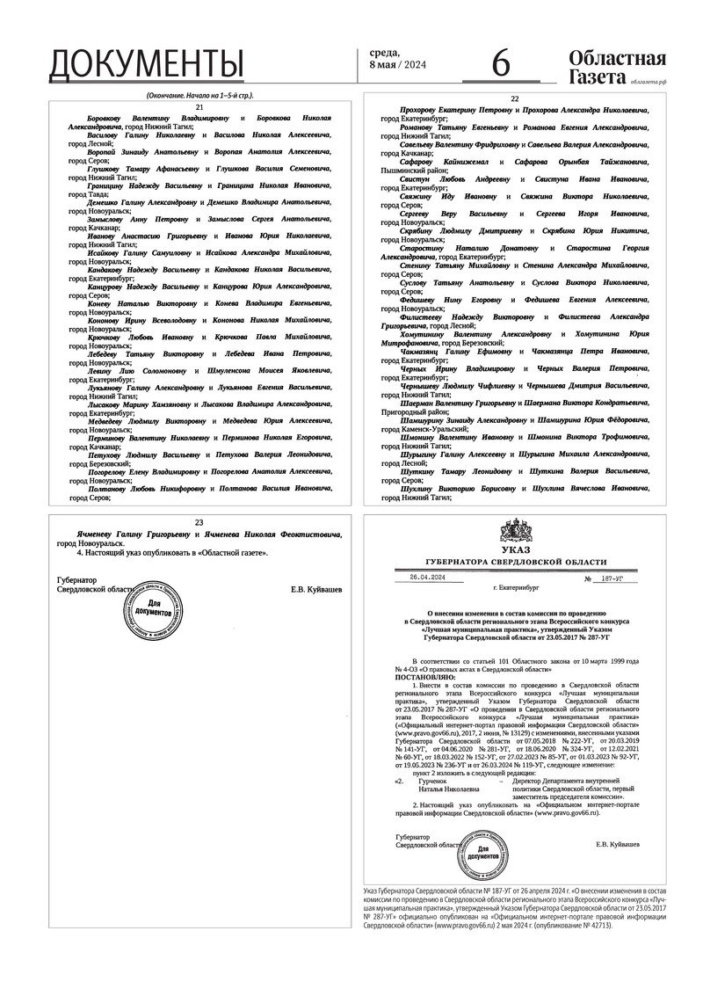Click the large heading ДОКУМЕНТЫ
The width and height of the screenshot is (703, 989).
click(x=146, y=64)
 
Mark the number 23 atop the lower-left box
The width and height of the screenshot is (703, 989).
click(x=199, y=522)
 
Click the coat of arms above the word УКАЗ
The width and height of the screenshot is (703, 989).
click(x=515, y=531)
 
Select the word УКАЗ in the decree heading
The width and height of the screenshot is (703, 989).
click(x=515, y=549)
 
